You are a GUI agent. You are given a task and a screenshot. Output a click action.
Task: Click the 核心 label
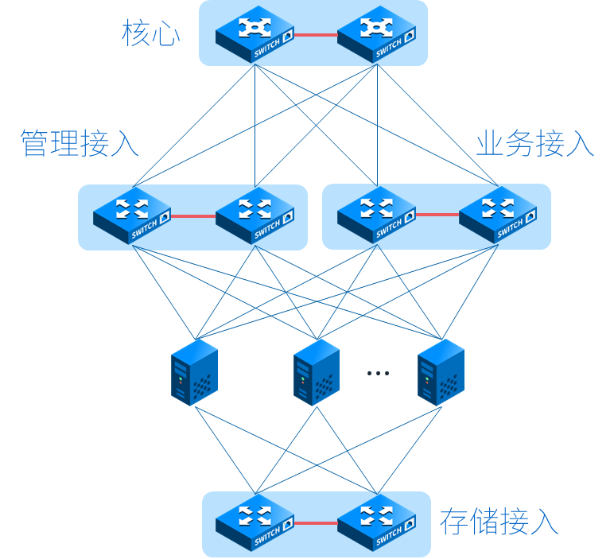[150, 34]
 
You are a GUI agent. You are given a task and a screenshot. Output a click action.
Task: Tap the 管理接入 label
[80, 143]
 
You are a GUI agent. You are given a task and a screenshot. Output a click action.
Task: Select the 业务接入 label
[534, 143]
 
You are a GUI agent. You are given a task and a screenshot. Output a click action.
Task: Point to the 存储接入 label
[499, 522]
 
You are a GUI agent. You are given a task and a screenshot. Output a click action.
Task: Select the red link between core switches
[316, 35]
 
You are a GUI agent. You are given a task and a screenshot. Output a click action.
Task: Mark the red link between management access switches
[194, 215]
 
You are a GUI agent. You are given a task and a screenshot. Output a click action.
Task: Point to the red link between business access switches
[437, 215]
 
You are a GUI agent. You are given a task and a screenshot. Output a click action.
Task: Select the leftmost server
[194, 372]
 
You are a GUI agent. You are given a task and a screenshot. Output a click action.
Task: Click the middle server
[317, 372]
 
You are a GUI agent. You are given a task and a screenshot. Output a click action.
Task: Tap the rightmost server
[441, 372]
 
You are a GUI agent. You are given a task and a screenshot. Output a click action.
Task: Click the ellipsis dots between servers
[378, 372]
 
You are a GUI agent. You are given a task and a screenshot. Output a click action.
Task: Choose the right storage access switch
[376, 523]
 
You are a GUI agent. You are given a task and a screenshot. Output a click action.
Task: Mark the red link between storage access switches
[316, 523]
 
